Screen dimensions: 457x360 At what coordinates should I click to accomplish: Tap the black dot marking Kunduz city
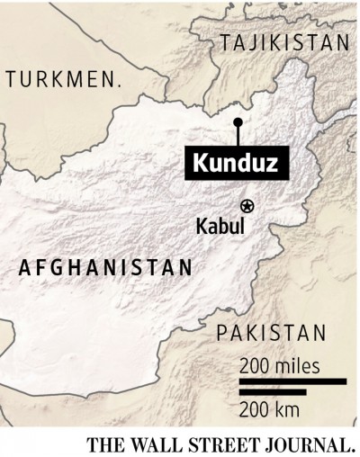pyautogui.click(x=238, y=121)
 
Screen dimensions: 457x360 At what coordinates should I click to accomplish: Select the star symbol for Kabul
pyautogui.click(x=248, y=205)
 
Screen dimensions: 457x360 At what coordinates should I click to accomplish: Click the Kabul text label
pyautogui.click(x=220, y=226)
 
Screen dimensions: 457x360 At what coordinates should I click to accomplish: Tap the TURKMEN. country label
pyautogui.click(x=63, y=80)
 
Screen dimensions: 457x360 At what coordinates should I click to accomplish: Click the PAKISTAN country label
pyautogui.click(x=271, y=335)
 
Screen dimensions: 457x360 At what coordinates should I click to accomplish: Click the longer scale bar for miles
pyautogui.click(x=292, y=382)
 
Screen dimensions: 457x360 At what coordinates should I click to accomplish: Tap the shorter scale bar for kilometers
pyautogui.click(x=273, y=392)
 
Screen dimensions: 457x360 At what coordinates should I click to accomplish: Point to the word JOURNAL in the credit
pyautogui.click(x=305, y=444)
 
